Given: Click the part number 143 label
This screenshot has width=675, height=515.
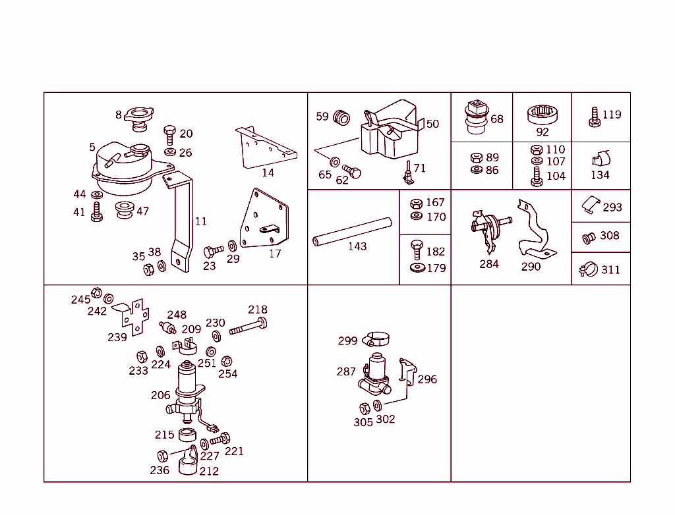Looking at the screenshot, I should [x=357, y=247].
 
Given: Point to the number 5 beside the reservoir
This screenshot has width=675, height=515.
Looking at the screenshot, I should [x=92, y=148].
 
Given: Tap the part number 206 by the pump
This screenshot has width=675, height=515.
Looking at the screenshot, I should [x=160, y=396].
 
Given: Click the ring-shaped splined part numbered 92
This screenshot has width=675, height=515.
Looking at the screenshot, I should [x=542, y=114].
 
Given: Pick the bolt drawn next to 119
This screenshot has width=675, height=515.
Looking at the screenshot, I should [x=594, y=117].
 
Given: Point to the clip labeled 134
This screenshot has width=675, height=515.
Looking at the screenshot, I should [x=601, y=160].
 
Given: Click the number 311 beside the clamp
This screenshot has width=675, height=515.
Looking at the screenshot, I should [x=610, y=270].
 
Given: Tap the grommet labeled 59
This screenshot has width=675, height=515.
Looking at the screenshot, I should [x=341, y=118].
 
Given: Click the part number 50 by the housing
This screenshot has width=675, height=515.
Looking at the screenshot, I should [x=432, y=124].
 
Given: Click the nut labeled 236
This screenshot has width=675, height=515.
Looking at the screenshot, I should [x=162, y=455].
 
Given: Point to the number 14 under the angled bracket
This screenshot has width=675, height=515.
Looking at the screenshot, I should [x=268, y=173].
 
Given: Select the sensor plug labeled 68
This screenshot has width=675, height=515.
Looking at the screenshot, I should [x=476, y=116].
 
